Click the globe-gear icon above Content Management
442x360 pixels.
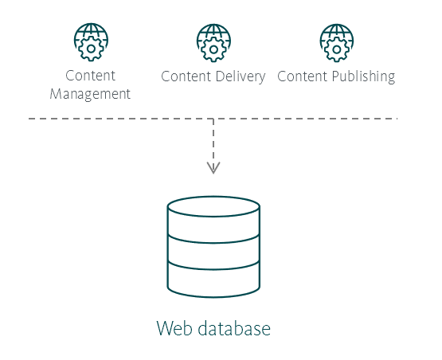point(91,42)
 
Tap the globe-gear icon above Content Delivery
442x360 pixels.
point(213,42)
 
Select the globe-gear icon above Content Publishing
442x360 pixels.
point(337,42)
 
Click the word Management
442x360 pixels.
point(90,94)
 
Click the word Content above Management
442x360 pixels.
point(90,76)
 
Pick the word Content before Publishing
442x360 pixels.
point(302,76)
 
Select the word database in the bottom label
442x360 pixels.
point(234,328)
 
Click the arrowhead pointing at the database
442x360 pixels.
point(213,168)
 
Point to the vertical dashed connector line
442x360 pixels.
point(213,145)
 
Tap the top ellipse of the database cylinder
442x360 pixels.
point(213,206)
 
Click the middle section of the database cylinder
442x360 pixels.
point(213,252)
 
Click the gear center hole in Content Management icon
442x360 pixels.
point(91,49)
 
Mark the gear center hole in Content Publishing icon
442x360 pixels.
point(337,49)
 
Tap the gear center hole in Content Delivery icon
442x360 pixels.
point(213,49)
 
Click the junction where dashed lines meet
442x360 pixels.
point(213,119)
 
